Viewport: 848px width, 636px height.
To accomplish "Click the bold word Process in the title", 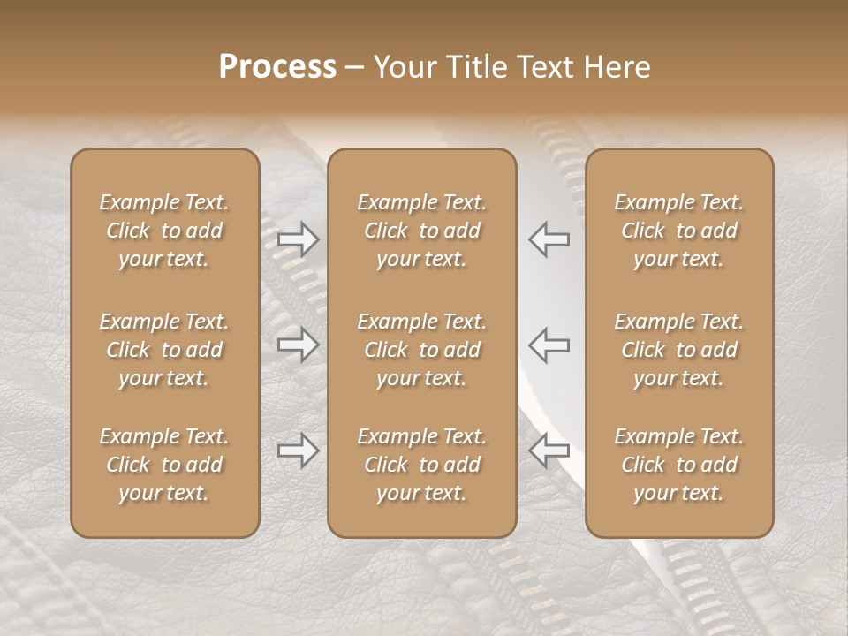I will tap(277, 67).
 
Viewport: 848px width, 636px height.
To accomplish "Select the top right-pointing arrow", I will tap(298, 238).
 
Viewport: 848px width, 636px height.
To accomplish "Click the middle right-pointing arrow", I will tap(298, 344).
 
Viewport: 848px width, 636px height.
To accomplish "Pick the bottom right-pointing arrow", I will tap(298, 450).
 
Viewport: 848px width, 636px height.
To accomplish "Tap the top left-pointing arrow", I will tap(549, 238).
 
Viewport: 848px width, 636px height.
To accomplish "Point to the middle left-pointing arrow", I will tap(549, 344).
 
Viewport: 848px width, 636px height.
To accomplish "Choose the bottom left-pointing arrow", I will tap(549, 450).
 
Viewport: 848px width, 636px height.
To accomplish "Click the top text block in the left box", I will tap(164, 231).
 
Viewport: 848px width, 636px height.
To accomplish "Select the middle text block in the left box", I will tap(164, 350).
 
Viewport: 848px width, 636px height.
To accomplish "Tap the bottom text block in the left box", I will tap(164, 465).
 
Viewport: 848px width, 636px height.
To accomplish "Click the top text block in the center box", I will tap(421, 231).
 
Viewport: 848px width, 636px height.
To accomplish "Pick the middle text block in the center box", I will tap(421, 350).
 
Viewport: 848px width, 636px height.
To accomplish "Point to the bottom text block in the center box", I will tap(421, 465).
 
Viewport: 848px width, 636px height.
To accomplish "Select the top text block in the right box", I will tap(678, 231).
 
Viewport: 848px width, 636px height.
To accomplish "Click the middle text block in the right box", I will tap(678, 350).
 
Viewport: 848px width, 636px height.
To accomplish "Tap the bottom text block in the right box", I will tap(678, 465).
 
